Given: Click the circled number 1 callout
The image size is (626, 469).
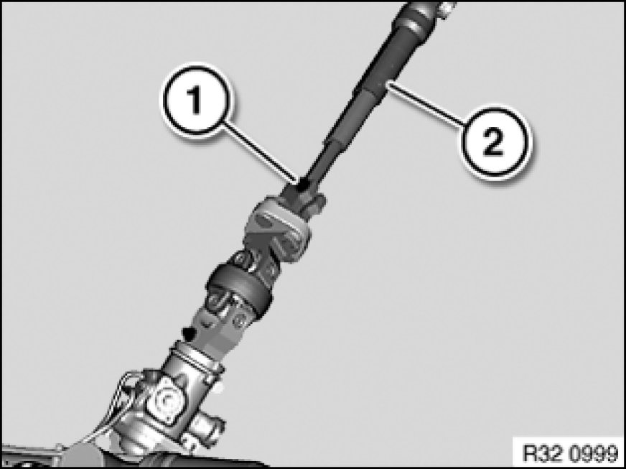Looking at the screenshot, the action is tap(195, 101).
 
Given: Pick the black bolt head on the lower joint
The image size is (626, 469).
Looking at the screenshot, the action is tap(189, 333).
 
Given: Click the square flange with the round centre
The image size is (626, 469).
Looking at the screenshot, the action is tap(166, 400).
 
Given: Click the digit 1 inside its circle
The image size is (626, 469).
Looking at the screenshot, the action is tap(195, 101).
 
